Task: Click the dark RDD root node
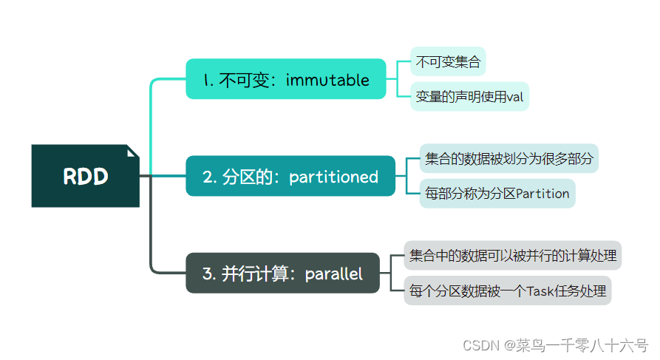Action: coord(85,176)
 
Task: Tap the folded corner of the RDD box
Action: coord(132,152)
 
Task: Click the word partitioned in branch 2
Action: coord(333,177)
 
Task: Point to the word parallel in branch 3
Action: coord(334,274)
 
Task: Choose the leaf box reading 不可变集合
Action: coord(448,62)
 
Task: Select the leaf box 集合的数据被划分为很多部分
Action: coord(508,158)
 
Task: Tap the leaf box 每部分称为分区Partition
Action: coord(497,194)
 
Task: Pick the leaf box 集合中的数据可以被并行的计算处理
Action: coord(512,256)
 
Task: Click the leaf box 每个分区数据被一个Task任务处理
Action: coord(510,291)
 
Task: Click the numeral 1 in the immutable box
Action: coord(207,80)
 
